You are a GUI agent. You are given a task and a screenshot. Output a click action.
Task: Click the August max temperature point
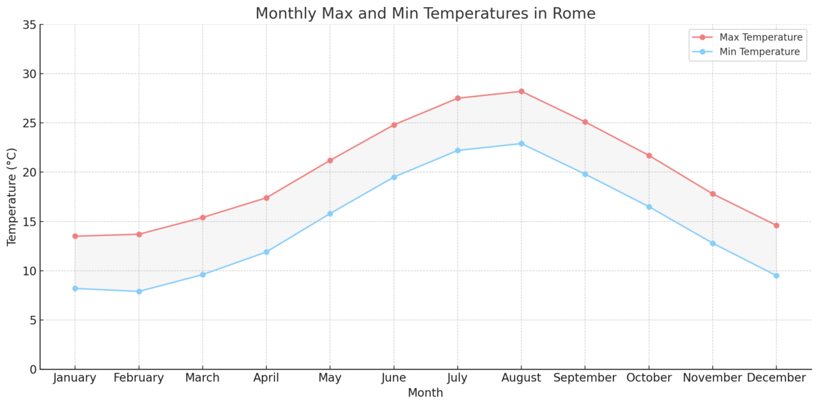[x=521, y=91]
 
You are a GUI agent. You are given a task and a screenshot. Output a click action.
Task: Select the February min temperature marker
[x=139, y=292]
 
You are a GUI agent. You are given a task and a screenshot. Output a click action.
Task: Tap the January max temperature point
[x=75, y=236]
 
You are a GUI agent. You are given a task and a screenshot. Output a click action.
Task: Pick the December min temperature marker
[x=776, y=276]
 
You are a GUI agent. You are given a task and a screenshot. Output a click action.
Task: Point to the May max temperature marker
[x=330, y=160]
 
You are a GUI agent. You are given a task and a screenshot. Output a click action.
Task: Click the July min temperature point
[x=458, y=150]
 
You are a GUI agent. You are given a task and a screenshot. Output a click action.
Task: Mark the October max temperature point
[x=649, y=155]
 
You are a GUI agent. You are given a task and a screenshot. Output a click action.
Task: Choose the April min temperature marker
[x=266, y=252]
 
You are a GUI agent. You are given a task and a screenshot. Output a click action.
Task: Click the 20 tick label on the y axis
[x=29, y=173]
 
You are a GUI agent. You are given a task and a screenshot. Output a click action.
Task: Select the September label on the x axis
[x=585, y=378]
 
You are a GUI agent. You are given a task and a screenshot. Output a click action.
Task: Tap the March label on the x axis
[x=203, y=378]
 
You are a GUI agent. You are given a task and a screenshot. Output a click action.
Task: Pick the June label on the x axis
[x=394, y=378]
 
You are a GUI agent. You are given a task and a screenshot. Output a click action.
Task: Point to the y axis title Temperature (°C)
[x=12, y=197]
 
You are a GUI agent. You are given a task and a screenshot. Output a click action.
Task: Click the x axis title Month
[x=425, y=393]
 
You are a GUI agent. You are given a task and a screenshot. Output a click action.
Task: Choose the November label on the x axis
[x=712, y=378]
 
